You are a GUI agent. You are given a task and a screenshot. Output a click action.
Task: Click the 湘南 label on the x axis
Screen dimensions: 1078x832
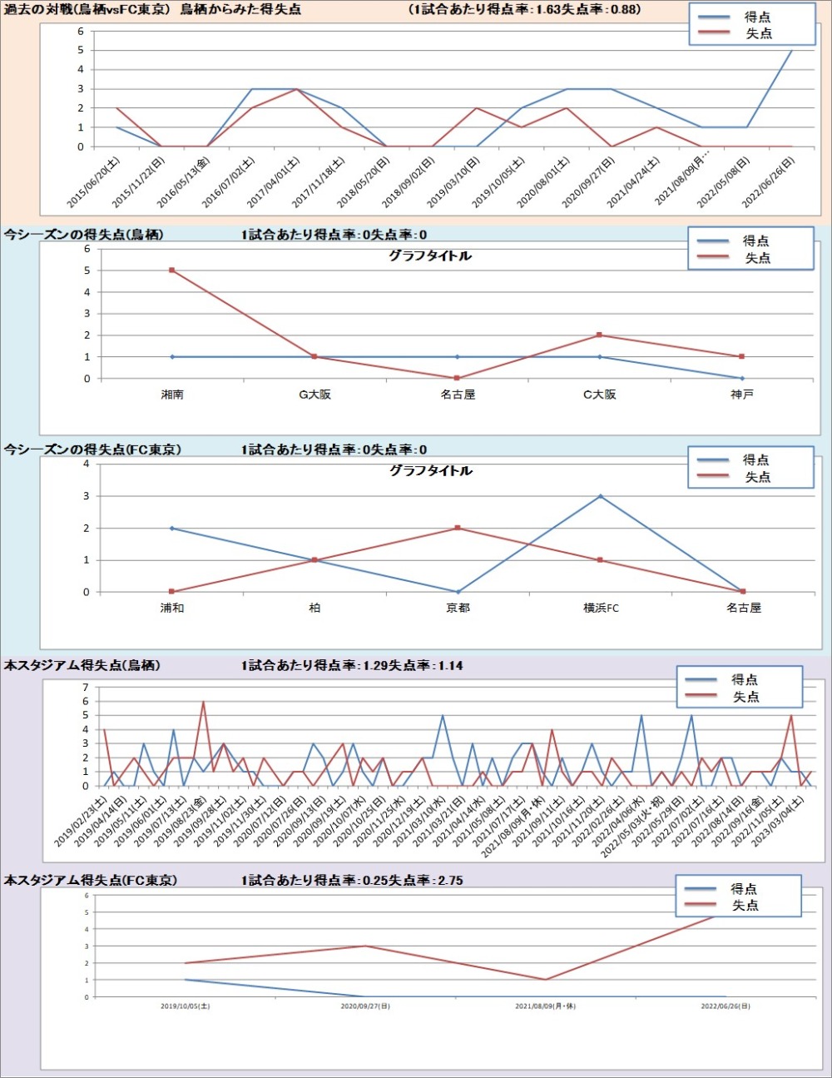pos(172,395)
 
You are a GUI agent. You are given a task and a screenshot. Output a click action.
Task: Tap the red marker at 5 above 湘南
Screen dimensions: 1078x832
pos(172,271)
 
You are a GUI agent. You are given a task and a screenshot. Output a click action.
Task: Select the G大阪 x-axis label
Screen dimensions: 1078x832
pos(314,395)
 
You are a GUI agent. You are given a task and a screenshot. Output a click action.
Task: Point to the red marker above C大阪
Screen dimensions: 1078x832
pos(600,335)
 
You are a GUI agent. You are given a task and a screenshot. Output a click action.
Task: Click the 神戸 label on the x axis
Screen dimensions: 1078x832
pos(742,395)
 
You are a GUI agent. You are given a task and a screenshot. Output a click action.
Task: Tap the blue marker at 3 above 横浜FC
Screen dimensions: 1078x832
pos(601,496)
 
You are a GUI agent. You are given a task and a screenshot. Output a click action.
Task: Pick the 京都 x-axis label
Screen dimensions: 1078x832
pos(458,609)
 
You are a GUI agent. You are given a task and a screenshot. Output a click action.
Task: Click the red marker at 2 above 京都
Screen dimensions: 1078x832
pos(458,529)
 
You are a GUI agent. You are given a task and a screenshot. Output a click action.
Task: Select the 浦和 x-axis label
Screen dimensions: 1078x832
pos(172,609)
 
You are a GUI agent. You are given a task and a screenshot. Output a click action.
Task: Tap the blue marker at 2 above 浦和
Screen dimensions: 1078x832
pos(172,529)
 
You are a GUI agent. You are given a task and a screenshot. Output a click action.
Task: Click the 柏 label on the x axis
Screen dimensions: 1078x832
pos(314,609)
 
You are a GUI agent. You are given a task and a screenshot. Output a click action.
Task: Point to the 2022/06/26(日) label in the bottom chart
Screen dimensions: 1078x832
pos(726,1006)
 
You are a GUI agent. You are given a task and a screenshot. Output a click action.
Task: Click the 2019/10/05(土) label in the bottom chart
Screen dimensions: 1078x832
pos(186,1006)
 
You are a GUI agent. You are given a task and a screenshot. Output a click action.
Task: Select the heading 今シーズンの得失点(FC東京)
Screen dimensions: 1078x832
pos(92,450)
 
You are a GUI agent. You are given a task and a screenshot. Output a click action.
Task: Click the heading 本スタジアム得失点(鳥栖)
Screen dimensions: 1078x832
pos(82,665)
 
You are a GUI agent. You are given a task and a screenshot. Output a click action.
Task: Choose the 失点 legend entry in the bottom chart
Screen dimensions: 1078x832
pos(745,906)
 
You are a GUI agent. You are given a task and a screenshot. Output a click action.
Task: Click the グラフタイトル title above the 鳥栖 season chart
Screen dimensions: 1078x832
pos(430,256)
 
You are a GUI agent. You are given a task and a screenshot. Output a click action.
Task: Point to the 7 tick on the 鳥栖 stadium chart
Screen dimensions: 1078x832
pos(85,688)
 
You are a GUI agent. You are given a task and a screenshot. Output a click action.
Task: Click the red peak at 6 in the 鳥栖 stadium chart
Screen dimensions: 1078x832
pos(204,702)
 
